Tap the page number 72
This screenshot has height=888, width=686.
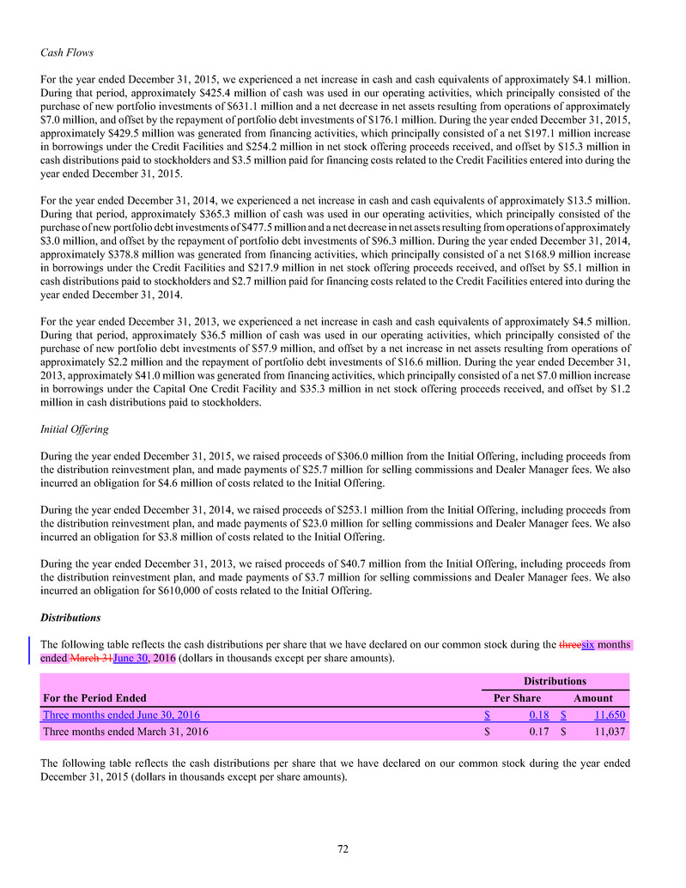coord(343,849)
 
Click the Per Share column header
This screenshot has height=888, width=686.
coord(516,698)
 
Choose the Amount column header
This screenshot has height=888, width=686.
coord(593,698)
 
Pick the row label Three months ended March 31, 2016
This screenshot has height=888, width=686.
coord(124,733)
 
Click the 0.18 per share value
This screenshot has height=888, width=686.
coord(538,715)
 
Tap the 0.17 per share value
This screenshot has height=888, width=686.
coord(538,733)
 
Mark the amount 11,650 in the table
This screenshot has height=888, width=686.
coord(610,715)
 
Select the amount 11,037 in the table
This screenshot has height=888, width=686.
coord(610,733)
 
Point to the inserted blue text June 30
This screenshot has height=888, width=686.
coord(131,659)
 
